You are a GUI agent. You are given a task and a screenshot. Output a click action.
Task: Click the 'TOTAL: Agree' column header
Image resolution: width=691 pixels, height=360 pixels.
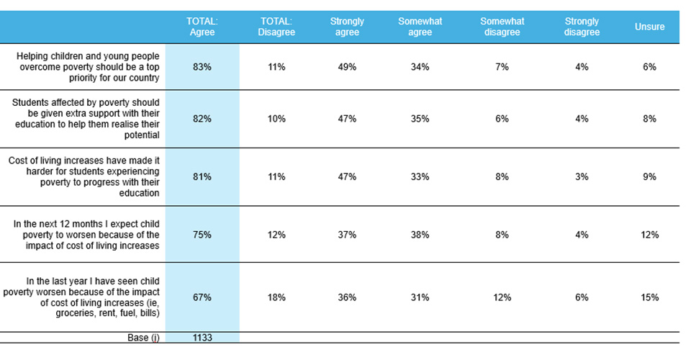[202, 27]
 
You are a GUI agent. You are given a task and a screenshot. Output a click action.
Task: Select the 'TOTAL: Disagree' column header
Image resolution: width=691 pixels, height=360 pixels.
[276, 27]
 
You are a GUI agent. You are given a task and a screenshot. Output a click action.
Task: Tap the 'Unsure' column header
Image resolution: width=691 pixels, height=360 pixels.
[649, 27]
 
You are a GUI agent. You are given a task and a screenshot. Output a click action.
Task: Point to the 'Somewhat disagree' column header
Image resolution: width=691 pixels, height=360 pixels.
[502, 27]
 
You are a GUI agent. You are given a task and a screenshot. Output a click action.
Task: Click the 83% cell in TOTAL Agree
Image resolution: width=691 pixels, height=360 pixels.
[202, 67]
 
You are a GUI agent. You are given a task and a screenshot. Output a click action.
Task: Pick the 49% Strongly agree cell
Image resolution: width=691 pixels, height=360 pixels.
[347, 67]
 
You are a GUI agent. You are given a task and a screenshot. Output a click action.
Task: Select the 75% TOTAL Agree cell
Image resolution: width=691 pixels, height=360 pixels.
[202, 235]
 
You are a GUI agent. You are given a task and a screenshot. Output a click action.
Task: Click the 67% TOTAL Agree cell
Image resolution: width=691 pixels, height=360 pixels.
[202, 297]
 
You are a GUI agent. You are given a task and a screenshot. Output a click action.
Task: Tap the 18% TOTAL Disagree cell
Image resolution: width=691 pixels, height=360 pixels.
[276, 297]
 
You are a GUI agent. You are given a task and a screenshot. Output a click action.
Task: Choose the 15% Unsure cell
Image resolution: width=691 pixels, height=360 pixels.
[649, 297]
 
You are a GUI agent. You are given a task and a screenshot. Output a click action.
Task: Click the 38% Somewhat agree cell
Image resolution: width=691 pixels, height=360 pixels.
[420, 235]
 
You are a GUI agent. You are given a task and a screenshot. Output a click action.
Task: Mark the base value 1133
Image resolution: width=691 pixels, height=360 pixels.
[202, 338]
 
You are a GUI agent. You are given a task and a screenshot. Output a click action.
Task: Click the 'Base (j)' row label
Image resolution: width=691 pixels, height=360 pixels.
[143, 338]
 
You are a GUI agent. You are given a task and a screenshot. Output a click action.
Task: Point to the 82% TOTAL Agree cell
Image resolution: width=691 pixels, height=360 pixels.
[202, 119]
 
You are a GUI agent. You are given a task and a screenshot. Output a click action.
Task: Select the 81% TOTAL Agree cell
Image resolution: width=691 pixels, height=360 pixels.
[202, 176]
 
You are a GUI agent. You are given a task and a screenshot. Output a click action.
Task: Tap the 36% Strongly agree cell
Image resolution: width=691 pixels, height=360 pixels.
[347, 297]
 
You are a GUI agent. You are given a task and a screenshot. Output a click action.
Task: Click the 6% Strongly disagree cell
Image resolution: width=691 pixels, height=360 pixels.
[582, 297]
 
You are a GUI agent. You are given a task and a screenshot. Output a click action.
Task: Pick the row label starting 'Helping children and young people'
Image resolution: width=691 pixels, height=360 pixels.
[88, 67]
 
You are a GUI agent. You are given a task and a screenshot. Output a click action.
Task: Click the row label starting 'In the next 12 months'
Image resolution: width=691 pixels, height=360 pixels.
[86, 235]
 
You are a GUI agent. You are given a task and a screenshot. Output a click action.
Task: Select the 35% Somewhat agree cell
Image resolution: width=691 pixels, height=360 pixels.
[420, 119]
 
